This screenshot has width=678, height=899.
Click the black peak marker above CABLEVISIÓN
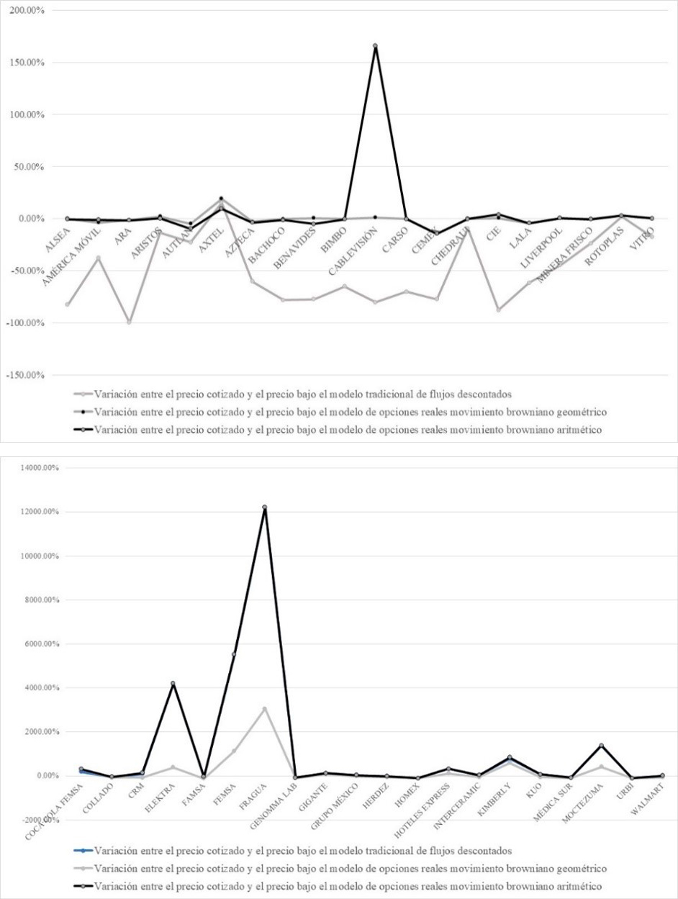click(x=375, y=46)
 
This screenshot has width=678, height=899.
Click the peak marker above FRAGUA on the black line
click(x=265, y=507)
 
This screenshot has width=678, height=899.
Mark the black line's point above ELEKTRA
click(x=173, y=683)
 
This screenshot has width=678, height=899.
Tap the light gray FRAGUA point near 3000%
click(x=265, y=709)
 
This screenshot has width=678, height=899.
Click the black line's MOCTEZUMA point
click(x=601, y=746)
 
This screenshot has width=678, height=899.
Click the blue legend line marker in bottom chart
click(x=83, y=851)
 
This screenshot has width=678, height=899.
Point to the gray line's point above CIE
click(x=497, y=310)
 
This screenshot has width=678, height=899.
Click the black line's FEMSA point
click(x=234, y=654)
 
